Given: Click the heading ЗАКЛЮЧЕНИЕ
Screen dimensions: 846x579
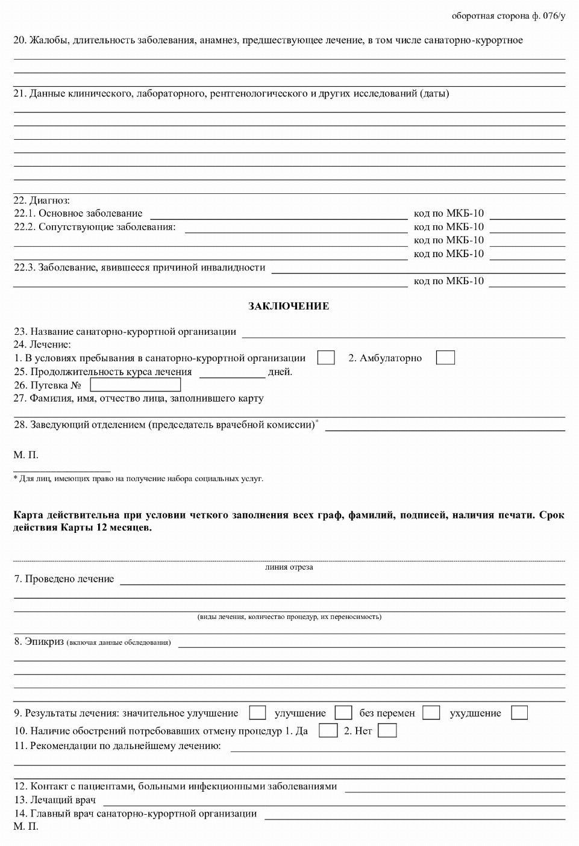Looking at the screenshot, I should [289, 306].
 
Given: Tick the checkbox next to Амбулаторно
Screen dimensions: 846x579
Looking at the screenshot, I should [445, 358].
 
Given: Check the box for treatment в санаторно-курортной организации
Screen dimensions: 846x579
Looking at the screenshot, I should [326, 358].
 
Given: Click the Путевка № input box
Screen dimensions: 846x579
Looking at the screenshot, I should [135, 385].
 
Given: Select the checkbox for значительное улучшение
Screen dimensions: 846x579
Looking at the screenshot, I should [257, 712].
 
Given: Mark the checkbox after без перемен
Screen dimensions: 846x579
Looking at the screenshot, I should [431, 712].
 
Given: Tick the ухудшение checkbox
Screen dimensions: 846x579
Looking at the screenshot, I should [519, 712].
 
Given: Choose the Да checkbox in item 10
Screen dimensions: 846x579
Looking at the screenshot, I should [328, 730].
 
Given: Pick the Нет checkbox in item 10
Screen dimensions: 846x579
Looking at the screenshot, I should [387, 730].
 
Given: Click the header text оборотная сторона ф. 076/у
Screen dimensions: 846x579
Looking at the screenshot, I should [509, 16].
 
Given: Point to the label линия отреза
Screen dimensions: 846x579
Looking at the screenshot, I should [289, 567].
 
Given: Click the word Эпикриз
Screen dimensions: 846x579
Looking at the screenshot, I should [44, 641].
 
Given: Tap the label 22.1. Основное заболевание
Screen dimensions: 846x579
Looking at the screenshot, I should [78, 213].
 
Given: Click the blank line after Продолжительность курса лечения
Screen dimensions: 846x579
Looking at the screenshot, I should [232, 373].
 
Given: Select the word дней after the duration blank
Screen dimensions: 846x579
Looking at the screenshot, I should [280, 372].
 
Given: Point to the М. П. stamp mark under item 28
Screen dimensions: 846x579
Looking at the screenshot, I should [26, 455].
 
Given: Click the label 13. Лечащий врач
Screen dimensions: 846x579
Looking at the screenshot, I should [55, 800].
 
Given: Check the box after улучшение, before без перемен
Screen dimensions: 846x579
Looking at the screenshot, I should [343, 712].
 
